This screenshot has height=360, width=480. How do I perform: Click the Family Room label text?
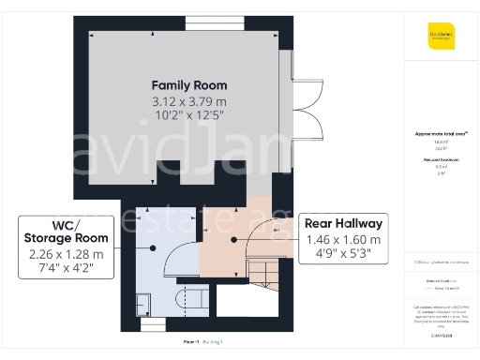[x=183, y=85]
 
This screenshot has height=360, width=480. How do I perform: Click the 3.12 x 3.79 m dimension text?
[x=183, y=100]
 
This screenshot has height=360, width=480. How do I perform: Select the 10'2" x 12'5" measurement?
[x=183, y=115]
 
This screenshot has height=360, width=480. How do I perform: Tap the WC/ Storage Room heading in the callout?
[x=67, y=232]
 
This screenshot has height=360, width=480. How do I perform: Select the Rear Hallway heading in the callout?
[x=343, y=223]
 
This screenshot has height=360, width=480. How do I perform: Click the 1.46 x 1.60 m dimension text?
[x=343, y=240]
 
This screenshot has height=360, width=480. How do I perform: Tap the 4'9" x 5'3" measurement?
[x=343, y=254]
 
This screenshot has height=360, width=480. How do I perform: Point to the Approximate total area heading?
[x=441, y=134]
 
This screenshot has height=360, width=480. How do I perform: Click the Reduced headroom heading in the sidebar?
[x=441, y=160]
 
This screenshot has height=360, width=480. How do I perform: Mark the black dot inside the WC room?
[x=152, y=247]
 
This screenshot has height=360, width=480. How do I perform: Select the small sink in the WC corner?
[x=142, y=302]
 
